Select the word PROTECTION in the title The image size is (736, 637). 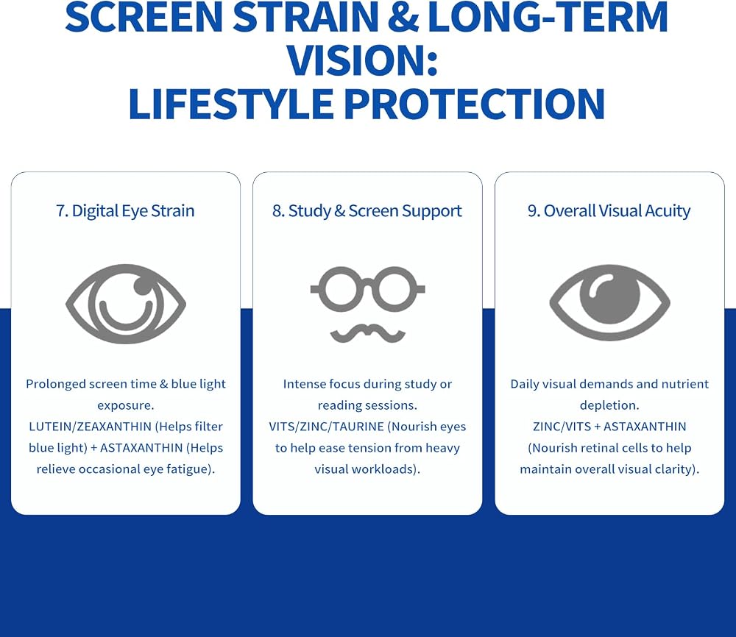(475, 104)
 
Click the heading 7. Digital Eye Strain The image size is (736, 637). (125, 211)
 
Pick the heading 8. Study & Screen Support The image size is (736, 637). (367, 211)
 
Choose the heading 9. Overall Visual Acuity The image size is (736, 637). (609, 211)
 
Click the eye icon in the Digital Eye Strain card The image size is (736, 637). (126, 304)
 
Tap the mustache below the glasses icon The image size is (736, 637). (367, 332)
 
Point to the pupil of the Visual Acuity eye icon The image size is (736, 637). (609, 294)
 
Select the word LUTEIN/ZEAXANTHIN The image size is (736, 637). (91, 427)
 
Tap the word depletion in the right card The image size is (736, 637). (609, 405)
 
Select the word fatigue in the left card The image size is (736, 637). (191, 469)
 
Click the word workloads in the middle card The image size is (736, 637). (379, 469)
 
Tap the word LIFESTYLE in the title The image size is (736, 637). (231, 104)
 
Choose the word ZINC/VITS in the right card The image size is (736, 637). (562, 427)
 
